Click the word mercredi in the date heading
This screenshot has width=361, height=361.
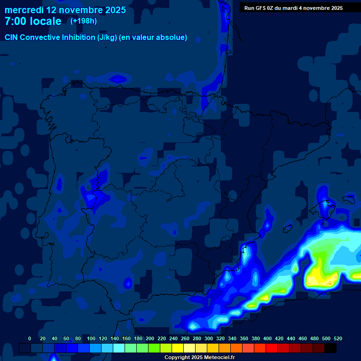24,10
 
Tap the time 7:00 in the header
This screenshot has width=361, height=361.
17,21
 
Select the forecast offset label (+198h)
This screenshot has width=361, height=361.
83,21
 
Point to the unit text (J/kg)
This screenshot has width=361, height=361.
108,38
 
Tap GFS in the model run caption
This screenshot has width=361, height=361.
261,8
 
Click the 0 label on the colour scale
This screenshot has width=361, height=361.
30,338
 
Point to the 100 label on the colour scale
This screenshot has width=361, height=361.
91,338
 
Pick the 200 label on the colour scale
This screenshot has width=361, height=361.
150,338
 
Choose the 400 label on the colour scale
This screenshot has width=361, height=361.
267,338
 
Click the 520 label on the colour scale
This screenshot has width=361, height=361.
337,338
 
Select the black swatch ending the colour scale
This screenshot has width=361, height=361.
330,348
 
